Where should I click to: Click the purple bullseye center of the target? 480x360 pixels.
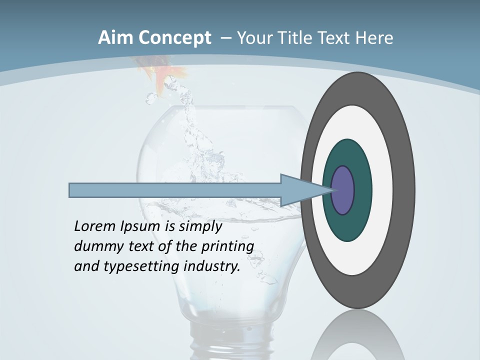343,190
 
